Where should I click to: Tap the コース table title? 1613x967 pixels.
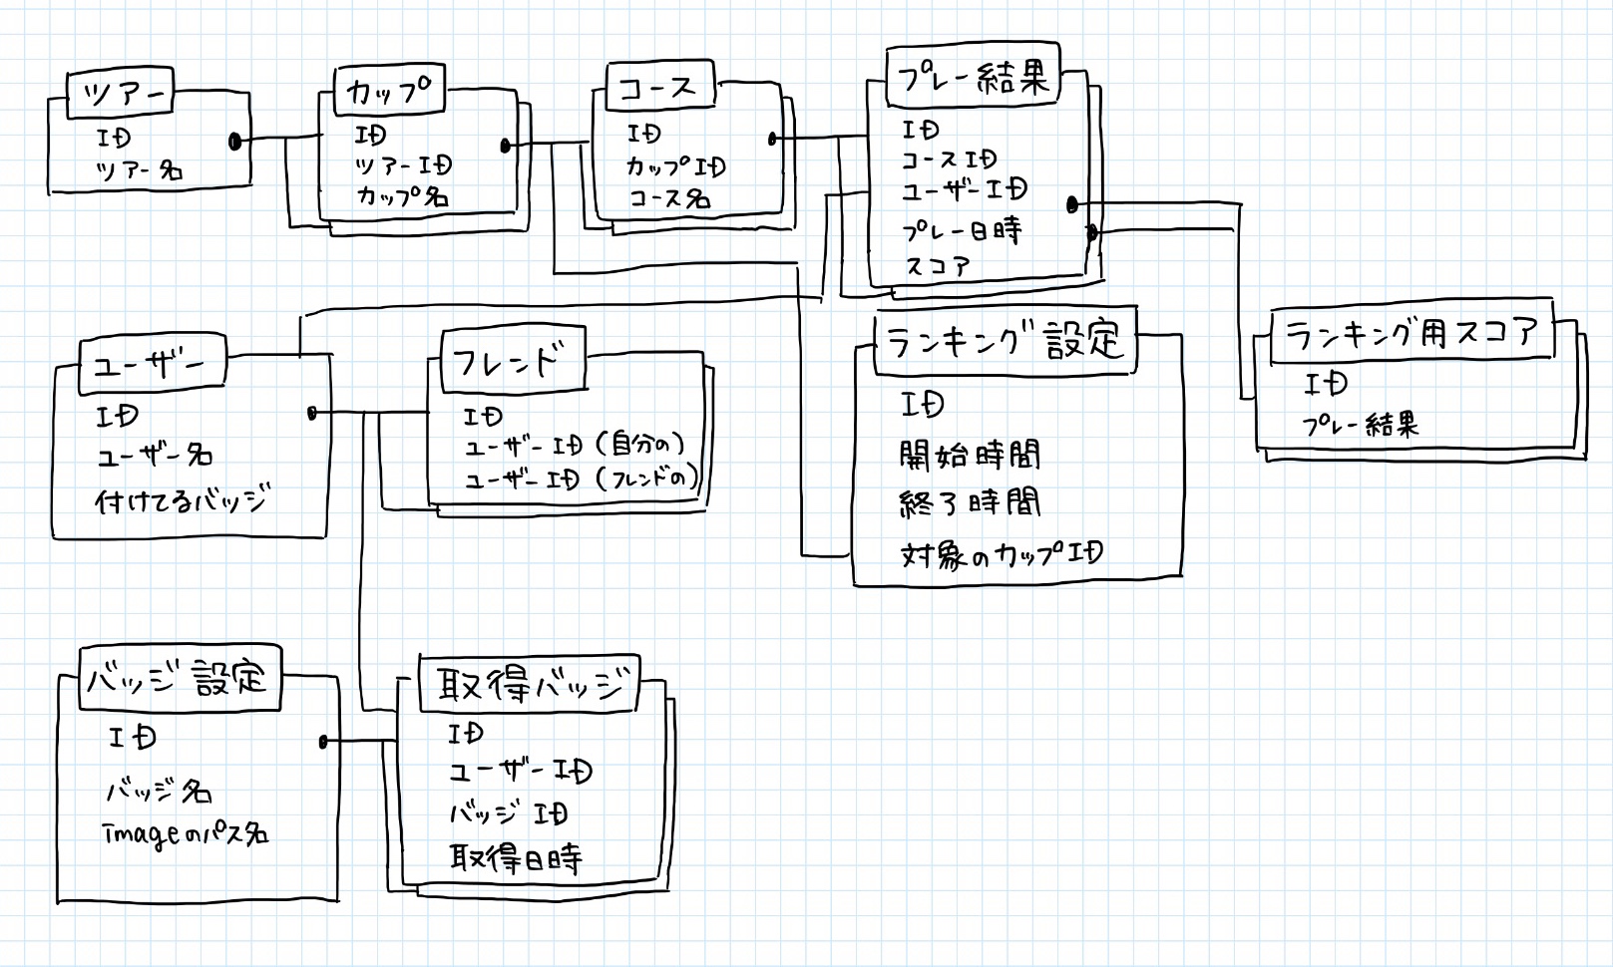pyautogui.click(x=658, y=88)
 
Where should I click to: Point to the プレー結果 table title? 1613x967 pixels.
pyautogui.click(x=972, y=79)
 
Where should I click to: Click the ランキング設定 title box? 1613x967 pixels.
pyautogui.click(x=1005, y=341)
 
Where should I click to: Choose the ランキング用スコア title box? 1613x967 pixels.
pyautogui.click(x=1411, y=332)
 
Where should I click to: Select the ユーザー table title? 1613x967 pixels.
pyautogui.click(x=151, y=364)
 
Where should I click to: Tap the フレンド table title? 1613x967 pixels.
pyautogui.click(x=513, y=361)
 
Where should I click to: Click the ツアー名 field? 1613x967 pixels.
pyautogui.click(x=140, y=171)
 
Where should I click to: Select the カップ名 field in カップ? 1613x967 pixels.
pyautogui.click(x=402, y=196)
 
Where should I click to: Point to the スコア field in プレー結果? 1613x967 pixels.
pyautogui.click(x=937, y=266)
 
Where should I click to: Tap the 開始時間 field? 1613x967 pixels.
pyautogui.click(x=970, y=456)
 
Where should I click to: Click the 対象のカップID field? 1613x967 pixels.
pyautogui.click(x=1002, y=554)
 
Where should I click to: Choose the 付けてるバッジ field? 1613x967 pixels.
pyautogui.click(x=182, y=500)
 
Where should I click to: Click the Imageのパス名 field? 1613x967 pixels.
pyautogui.click(x=186, y=833)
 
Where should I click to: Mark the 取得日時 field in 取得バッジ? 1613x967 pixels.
pyautogui.click(x=515, y=857)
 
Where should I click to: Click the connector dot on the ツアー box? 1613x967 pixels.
pyautogui.click(x=235, y=142)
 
